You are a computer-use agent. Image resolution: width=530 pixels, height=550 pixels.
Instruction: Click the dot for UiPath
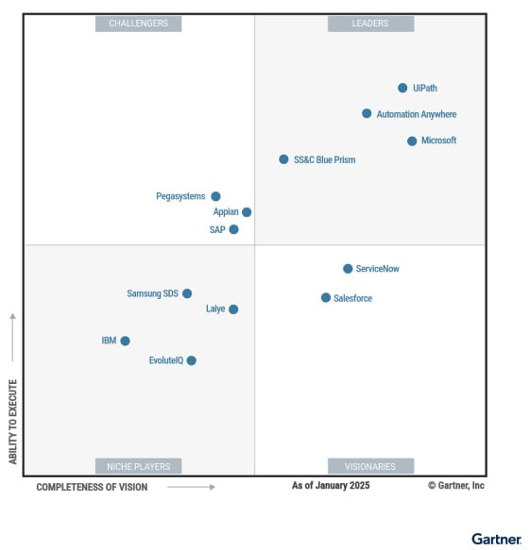coord(402,88)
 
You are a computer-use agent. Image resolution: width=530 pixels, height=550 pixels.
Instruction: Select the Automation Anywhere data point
coord(367,113)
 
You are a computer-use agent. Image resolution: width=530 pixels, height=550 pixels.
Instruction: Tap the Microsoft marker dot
coord(412,141)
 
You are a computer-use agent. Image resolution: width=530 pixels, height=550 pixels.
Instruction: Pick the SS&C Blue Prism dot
coord(283,159)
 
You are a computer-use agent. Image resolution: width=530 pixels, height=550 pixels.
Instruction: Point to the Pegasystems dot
coord(215,196)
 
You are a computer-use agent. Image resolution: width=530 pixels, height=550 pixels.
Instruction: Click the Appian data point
coord(247,212)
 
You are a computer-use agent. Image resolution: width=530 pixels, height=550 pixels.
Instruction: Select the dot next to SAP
coord(233,229)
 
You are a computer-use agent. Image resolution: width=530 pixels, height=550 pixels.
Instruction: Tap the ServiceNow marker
coord(348,269)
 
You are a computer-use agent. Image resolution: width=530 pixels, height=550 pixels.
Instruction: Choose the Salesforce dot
coord(326,298)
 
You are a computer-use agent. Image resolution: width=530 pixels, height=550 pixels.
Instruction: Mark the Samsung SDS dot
coord(187,293)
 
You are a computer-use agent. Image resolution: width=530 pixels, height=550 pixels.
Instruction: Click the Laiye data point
coord(233,308)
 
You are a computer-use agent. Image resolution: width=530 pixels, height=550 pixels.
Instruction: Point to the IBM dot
coord(125,341)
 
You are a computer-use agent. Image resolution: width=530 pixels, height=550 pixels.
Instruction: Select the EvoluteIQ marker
coord(191,360)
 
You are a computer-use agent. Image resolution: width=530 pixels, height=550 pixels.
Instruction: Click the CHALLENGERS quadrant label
coord(138,24)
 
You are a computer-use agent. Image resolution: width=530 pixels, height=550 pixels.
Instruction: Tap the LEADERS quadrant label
coord(370,24)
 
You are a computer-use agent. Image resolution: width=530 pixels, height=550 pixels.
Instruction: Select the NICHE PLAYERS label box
coord(138,466)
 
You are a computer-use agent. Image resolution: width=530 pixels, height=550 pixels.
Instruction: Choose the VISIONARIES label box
coord(370,466)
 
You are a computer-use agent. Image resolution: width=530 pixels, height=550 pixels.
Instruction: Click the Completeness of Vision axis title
coord(92,487)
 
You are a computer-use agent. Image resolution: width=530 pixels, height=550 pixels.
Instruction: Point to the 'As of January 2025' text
coord(331,486)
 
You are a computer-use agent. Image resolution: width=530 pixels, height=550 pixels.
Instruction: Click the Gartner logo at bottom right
coord(496,539)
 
